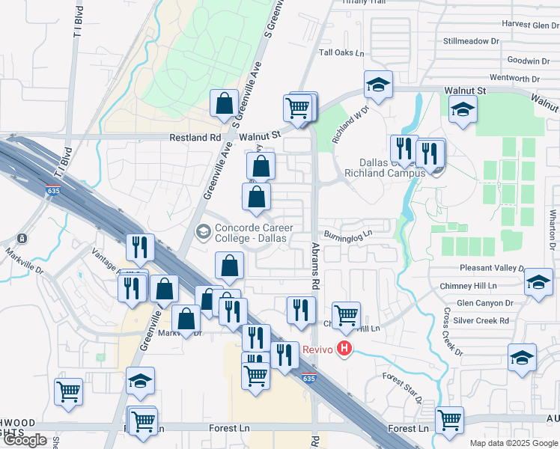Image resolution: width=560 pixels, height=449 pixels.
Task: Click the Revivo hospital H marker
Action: pyautogui.click(x=344, y=349)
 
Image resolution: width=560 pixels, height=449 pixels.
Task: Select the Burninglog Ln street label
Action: pyautogui.click(x=348, y=233)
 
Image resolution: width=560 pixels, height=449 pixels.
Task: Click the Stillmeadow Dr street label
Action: pyautogui.click(x=471, y=40)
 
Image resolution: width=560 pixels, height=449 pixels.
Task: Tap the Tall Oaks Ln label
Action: pyautogui.click(x=341, y=53)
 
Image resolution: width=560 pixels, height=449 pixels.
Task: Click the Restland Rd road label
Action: pyautogui.click(x=195, y=138)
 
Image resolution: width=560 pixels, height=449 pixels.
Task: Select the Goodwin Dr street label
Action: pyautogui.click(x=528, y=61)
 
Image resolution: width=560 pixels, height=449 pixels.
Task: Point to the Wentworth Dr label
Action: pyautogui.click(x=514, y=78)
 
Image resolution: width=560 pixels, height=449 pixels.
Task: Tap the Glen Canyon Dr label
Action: pyautogui.click(x=484, y=303)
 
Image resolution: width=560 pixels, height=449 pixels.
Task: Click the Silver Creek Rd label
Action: pyautogui.click(x=484, y=320)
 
